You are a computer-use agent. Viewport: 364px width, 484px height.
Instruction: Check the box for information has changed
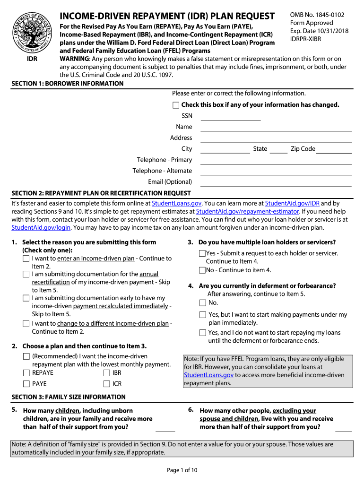pos(176,105)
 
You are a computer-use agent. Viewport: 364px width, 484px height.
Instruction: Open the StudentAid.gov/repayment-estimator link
pos(247,212)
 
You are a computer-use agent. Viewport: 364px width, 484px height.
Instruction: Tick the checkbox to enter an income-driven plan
pos(26,259)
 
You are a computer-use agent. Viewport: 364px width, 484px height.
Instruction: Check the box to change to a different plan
pos(26,324)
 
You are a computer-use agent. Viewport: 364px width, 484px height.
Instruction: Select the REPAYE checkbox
pos(26,373)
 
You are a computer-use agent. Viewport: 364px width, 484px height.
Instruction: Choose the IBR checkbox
pos(106,373)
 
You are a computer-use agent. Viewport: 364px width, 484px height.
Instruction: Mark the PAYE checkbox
pos(26,384)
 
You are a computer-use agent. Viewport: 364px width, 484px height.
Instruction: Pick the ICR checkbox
pos(106,384)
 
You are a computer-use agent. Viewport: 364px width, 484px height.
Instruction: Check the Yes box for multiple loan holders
pos(202,253)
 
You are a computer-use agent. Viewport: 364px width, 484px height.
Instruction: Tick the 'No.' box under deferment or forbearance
pos(203,303)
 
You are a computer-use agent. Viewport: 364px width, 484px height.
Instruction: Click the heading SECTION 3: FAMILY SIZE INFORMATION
pos(69,397)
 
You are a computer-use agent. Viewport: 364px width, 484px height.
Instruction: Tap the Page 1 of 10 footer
pos(182,470)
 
